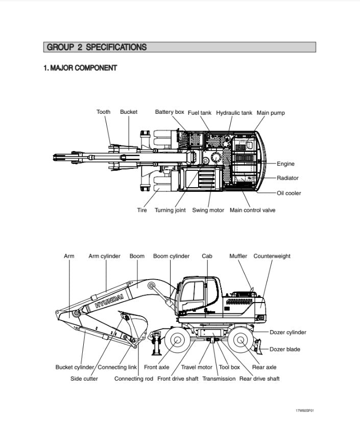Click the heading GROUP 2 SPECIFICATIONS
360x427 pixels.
[97, 47]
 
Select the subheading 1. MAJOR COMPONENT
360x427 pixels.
[80, 68]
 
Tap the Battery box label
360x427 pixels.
[170, 112]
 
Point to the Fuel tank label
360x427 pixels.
[199, 113]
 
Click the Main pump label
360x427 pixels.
[271, 113]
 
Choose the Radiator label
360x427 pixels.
[287, 178]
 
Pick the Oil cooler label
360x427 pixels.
[289, 193]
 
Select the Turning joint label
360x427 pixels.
[170, 210]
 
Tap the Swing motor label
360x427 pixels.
[208, 210]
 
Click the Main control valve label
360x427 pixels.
[252, 210]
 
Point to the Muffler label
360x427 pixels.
[238, 256]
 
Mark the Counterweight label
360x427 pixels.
[272, 256]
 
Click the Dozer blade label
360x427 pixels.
[285, 349]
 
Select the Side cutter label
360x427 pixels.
[84, 379]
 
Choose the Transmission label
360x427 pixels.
[219, 379]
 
